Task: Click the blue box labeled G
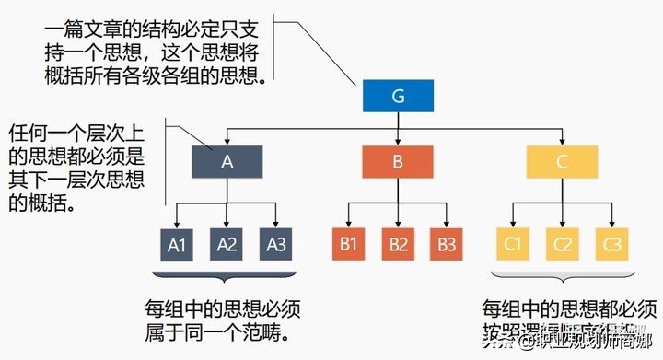(398, 96)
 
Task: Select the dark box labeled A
(227, 162)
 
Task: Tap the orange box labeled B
(398, 162)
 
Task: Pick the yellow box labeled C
(563, 162)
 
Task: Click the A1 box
(178, 244)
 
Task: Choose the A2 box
(227, 244)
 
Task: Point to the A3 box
(276, 244)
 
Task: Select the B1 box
(348, 244)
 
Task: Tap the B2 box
(398, 244)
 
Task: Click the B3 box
(448, 244)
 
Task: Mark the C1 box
(514, 244)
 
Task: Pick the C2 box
(563, 244)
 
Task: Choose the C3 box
(612, 244)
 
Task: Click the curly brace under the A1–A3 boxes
(227, 274)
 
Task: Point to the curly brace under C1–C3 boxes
(563, 274)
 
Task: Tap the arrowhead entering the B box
(398, 141)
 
